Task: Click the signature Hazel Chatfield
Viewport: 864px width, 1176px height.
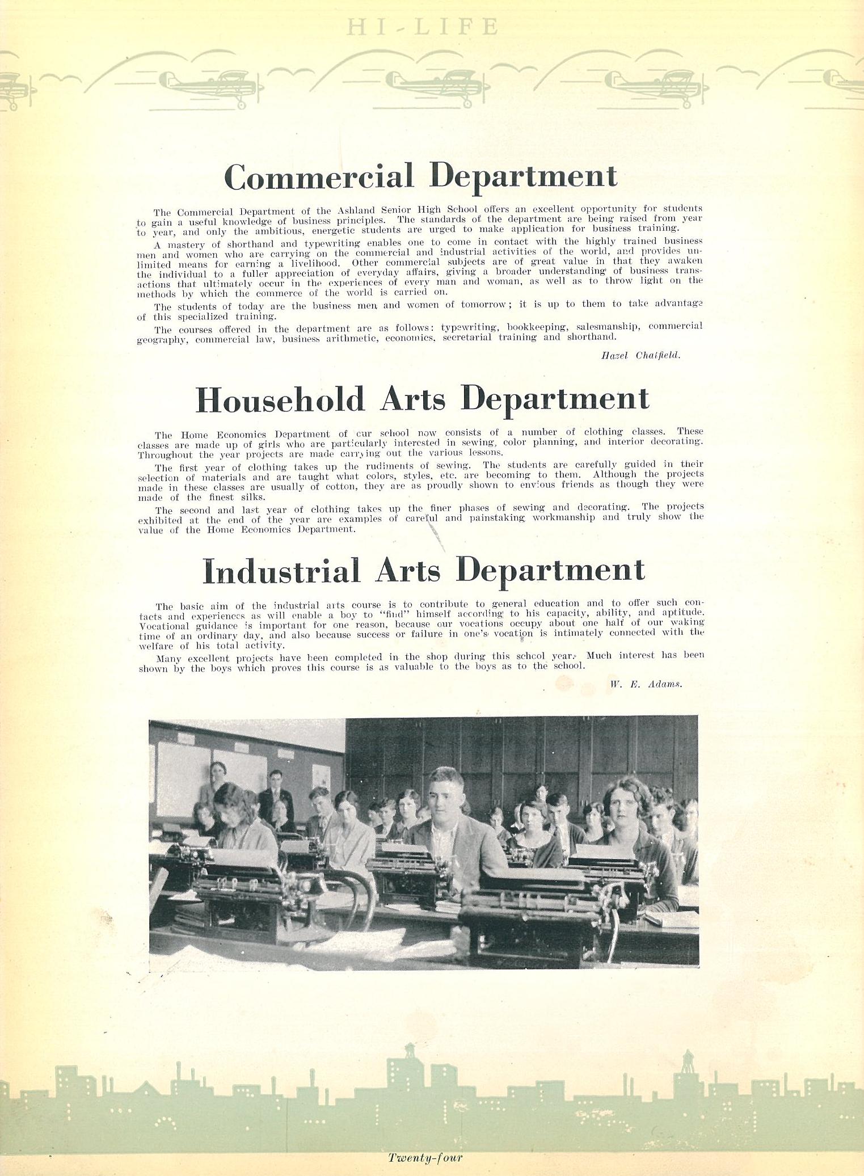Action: [x=640, y=355]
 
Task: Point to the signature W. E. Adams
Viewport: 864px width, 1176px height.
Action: [x=646, y=684]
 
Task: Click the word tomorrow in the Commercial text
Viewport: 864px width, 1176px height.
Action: [x=483, y=305]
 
